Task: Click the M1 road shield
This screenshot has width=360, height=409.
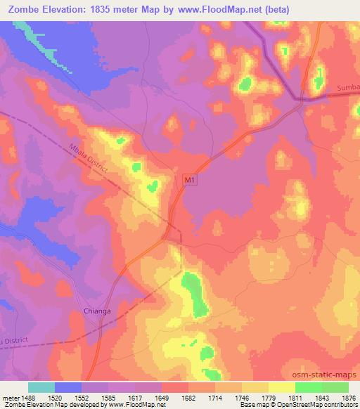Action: (x=188, y=181)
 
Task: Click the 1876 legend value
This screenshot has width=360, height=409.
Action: (x=347, y=397)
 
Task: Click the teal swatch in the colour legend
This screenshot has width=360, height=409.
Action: (x=41, y=387)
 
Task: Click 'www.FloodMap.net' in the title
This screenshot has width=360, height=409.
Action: (x=214, y=10)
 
